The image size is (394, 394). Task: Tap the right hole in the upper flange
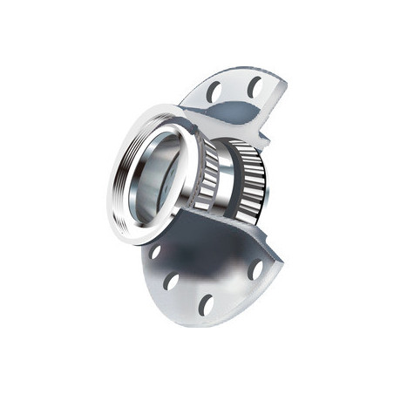(x=253, y=86)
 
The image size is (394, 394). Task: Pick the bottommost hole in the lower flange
(x=207, y=304)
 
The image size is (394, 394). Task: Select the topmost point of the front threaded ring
(x=166, y=114)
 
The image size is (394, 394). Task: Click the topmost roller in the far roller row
(x=249, y=144)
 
